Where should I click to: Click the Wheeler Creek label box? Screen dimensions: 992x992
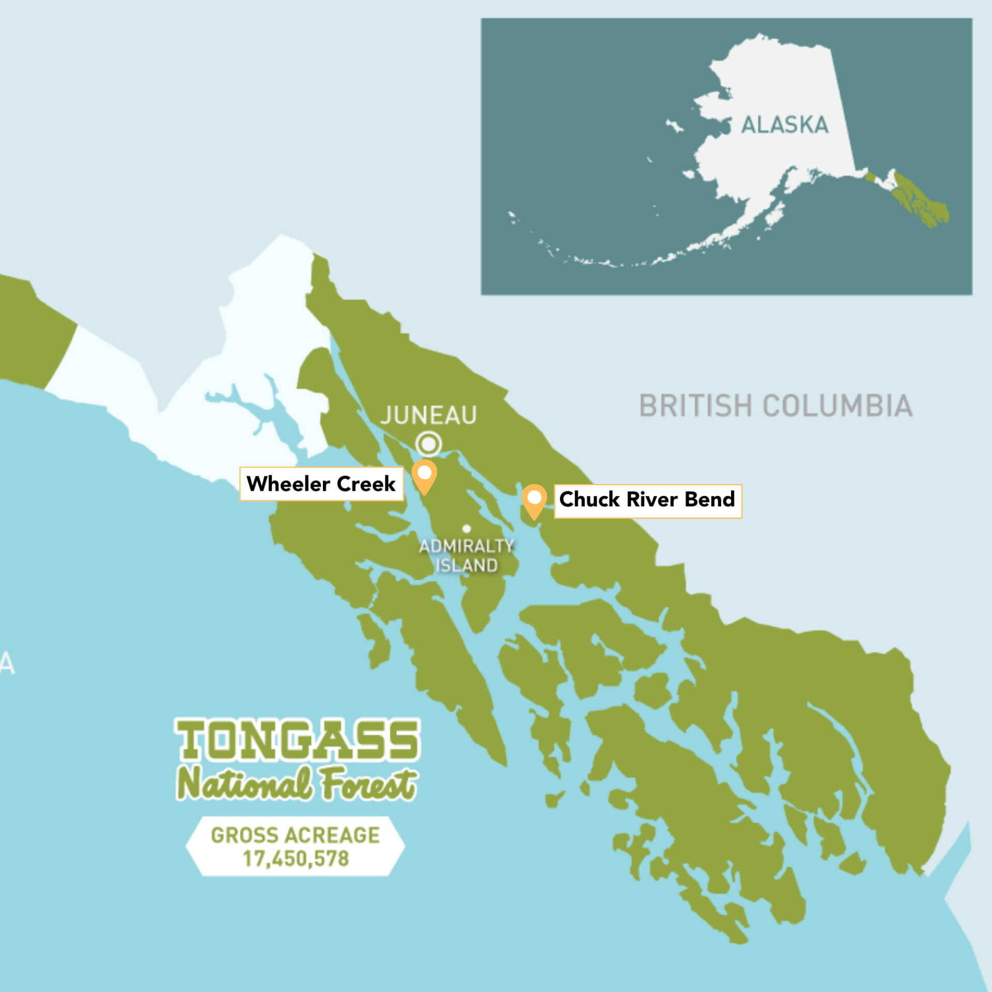tap(321, 484)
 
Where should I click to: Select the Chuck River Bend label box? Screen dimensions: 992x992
tap(647, 500)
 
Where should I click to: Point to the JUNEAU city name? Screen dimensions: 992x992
tap(428, 415)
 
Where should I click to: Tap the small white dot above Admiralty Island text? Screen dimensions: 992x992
tap(467, 529)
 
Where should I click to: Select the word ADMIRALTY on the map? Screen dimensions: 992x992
tap(466, 546)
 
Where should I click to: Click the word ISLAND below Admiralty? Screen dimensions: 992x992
tap(467, 565)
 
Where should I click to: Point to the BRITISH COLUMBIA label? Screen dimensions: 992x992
tap(776, 406)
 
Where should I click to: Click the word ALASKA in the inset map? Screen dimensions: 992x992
tap(784, 125)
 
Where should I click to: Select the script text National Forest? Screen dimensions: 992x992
tap(297, 784)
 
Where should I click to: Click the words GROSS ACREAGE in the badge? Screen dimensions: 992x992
tap(295, 835)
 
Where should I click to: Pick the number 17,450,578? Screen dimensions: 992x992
tap(296, 859)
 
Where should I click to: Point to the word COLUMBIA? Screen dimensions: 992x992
tap(837, 406)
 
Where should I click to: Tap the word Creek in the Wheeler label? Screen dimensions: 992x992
tap(366, 484)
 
